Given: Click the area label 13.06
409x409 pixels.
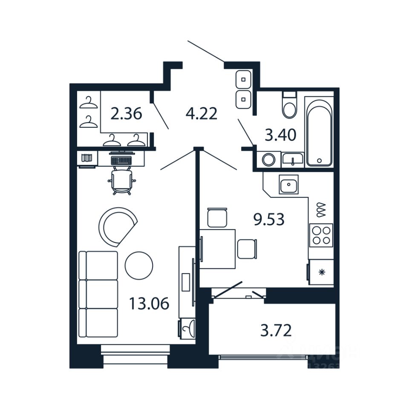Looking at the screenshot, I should pyautogui.click(x=149, y=304).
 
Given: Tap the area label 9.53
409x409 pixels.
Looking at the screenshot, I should pyautogui.click(x=268, y=220).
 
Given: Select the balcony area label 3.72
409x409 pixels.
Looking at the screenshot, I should pyautogui.click(x=276, y=330).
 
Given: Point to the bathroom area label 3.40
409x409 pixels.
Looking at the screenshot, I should pyautogui.click(x=280, y=135).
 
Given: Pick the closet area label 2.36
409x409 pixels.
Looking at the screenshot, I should pyautogui.click(x=126, y=114).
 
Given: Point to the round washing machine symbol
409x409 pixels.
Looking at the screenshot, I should pyautogui.click(x=268, y=160).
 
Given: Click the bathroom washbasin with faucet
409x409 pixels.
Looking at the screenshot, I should pyautogui.click(x=292, y=159).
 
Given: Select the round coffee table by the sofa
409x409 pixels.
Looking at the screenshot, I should pyautogui.click(x=139, y=265).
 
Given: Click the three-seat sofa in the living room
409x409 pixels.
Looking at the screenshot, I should pyautogui.click(x=98, y=294).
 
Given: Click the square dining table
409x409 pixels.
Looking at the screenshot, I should pyautogui.click(x=218, y=249).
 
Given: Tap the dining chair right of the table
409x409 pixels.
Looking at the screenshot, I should pyautogui.click(x=247, y=249).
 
